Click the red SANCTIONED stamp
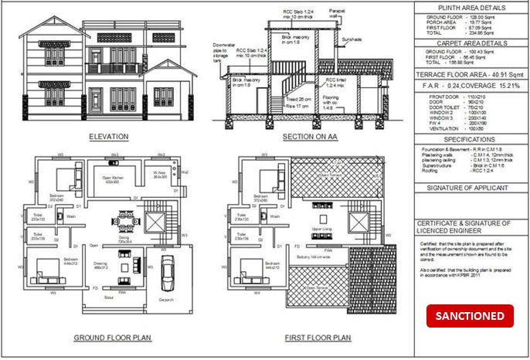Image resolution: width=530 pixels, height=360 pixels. point(470,316)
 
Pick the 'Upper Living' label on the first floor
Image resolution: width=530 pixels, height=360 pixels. point(321,229)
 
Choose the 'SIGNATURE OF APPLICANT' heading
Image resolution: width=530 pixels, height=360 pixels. point(469,188)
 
